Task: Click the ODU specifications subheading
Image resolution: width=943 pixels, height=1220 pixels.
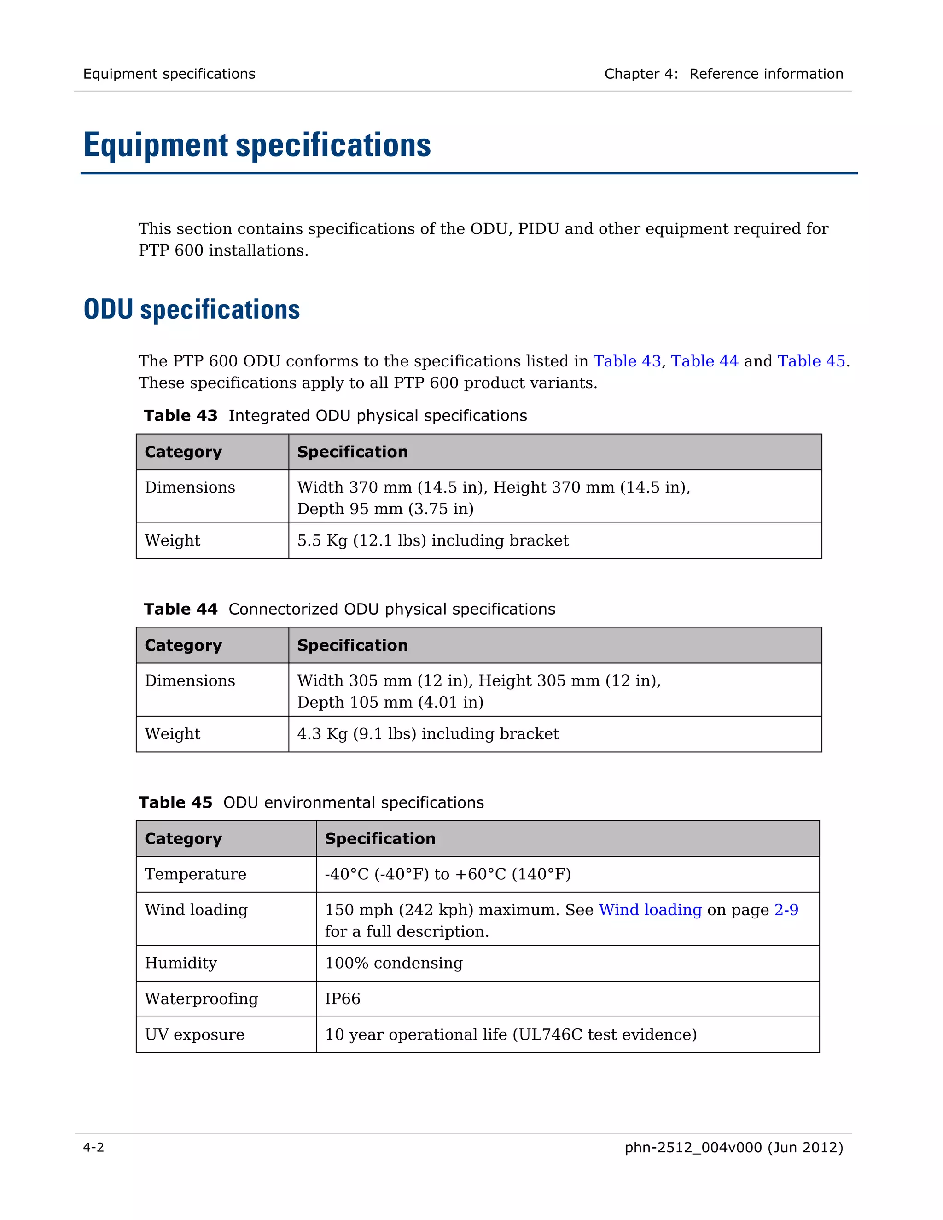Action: click(x=192, y=309)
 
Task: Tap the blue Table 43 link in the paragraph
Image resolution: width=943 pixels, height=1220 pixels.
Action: click(x=627, y=361)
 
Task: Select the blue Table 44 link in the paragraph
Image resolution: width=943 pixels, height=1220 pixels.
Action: click(x=704, y=361)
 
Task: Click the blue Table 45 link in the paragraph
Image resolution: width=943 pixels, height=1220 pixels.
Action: click(x=811, y=361)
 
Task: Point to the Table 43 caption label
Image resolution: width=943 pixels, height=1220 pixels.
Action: click(x=180, y=416)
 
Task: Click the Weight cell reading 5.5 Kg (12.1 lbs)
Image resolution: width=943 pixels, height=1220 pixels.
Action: click(x=432, y=541)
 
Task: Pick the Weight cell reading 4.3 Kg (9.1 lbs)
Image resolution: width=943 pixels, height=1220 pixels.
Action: click(x=427, y=734)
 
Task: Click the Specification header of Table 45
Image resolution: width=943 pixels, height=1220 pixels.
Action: click(x=380, y=838)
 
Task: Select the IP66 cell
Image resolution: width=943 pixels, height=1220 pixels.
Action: click(x=343, y=999)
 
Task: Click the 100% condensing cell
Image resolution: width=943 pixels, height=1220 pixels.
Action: click(x=393, y=963)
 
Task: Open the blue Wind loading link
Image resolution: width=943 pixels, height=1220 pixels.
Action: click(x=650, y=910)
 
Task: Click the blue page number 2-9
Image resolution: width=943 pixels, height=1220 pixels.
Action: click(x=786, y=910)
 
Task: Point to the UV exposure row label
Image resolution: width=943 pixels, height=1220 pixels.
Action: click(x=194, y=1034)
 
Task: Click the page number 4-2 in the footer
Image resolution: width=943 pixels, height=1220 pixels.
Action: click(x=93, y=1147)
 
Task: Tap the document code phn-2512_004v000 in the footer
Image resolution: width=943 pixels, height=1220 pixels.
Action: click(x=693, y=1147)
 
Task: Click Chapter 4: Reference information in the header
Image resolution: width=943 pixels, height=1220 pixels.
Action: click(x=723, y=74)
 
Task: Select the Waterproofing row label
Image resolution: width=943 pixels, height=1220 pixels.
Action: click(x=201, y=999)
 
